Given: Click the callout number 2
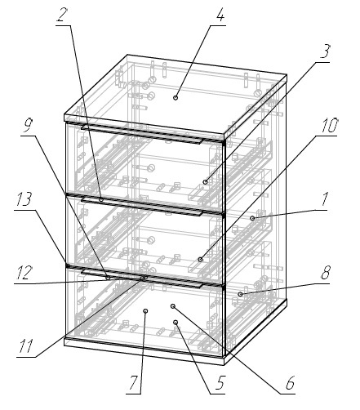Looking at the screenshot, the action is [x=62, y=15].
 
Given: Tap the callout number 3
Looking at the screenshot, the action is [x=325, y=51].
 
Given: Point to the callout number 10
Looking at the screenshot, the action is [x=329, y=126].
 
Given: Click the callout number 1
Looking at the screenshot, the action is [x=324, y=199].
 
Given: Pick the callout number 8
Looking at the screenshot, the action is [x=326, y=273].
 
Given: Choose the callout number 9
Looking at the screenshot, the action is [x=28, y=125].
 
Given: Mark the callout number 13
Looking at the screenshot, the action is [x=24, y=199].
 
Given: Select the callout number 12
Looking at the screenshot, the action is [x=23, y=273].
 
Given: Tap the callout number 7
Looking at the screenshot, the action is [x=133, y=383].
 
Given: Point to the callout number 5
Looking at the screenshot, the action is [x=220, y=383].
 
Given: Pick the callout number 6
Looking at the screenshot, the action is [x=290, y=383].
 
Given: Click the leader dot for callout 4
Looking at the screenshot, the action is [x=176, y=97].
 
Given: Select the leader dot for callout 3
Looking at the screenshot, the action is [x=206, y=182].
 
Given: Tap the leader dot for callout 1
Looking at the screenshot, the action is [x=252, y=218].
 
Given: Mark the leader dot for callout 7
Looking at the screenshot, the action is [x=145, y=311].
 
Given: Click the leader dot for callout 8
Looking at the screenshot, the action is [x=240, y=294].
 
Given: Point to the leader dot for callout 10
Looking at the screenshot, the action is [x=200, y=260].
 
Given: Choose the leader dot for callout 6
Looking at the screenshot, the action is [x=172, y=306].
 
